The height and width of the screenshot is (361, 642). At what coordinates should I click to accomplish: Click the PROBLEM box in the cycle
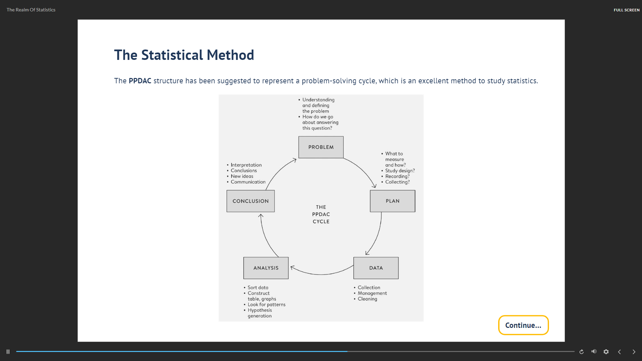coord(321,147)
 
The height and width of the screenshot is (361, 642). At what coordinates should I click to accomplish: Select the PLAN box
coord(392,201)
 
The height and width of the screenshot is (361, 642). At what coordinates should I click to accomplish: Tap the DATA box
coord(376,268)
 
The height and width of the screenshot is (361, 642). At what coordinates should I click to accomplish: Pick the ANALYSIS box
coord(266,268)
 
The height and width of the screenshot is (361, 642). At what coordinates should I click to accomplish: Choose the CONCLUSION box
coord(251,201)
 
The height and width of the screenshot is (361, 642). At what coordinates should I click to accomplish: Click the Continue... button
coord(523,325)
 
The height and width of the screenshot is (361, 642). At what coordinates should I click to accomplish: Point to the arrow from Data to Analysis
coord(321,275)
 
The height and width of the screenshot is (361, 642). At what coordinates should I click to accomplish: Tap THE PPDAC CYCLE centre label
coord(321,214)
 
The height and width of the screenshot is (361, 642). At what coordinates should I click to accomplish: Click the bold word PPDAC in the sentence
coord(140,81)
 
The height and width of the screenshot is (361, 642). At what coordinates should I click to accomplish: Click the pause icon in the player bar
coord(8,352)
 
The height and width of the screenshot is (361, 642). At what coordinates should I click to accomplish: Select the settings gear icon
coord(606,352)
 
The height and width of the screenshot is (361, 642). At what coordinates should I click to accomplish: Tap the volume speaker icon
coord(594,351)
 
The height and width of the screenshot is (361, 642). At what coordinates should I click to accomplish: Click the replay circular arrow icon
coord(581,352)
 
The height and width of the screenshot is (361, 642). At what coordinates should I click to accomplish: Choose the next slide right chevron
coord(634,352)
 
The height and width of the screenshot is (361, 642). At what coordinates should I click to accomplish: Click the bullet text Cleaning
coord(367,299)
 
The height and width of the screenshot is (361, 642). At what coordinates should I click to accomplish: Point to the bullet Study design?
coord(400,171)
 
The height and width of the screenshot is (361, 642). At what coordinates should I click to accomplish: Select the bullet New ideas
coord(242,176)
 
